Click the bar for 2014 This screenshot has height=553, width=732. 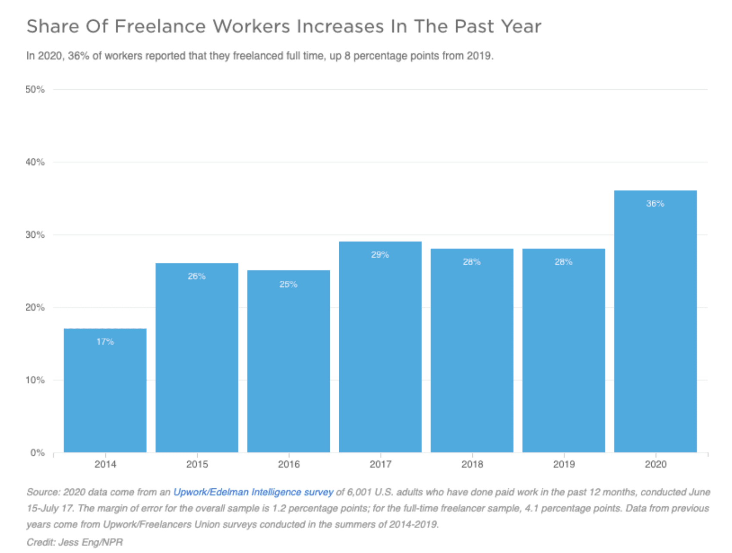pos(105,390)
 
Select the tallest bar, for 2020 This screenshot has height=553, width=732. pos(655,321)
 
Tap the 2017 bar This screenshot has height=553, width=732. pos(380,347)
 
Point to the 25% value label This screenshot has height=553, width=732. pos(288,284)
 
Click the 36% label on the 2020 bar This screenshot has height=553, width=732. pos(655,204)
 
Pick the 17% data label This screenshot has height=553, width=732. pos(105,342)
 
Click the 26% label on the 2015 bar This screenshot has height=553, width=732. pos(196,276)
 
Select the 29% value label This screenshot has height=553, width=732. pos(380,255)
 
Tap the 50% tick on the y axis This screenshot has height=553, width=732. pos(35,89)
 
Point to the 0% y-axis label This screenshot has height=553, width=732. pos(38,452)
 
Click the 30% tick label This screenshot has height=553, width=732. pos(35,235)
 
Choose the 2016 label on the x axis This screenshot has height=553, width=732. pos(288,464)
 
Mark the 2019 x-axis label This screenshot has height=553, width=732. pos(564,464)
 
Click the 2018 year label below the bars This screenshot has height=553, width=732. pos(472,464)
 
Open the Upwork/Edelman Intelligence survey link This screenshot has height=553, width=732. pos(253,492)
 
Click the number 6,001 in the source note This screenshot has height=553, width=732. pos(360,492)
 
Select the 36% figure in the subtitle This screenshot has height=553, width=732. pos(79,56)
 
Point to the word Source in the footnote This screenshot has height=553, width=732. pos(42,492)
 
